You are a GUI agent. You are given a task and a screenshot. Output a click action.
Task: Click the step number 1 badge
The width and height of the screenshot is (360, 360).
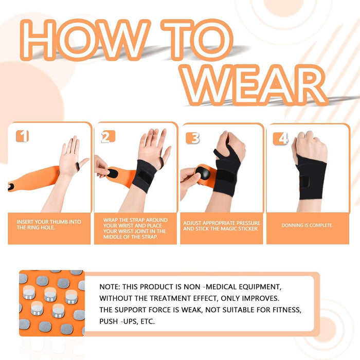(23, 136)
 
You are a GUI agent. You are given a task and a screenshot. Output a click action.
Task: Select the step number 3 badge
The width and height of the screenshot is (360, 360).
(193, 137)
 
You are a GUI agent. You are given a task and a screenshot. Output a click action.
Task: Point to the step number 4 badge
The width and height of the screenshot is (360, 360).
(280, 138)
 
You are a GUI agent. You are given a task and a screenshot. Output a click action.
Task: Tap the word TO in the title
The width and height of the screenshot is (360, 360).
(197, 42)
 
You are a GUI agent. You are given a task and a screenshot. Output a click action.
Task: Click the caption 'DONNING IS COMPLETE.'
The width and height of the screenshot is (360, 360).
(308, 225)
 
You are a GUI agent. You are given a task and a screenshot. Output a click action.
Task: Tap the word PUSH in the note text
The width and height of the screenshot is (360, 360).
(110, 321)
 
